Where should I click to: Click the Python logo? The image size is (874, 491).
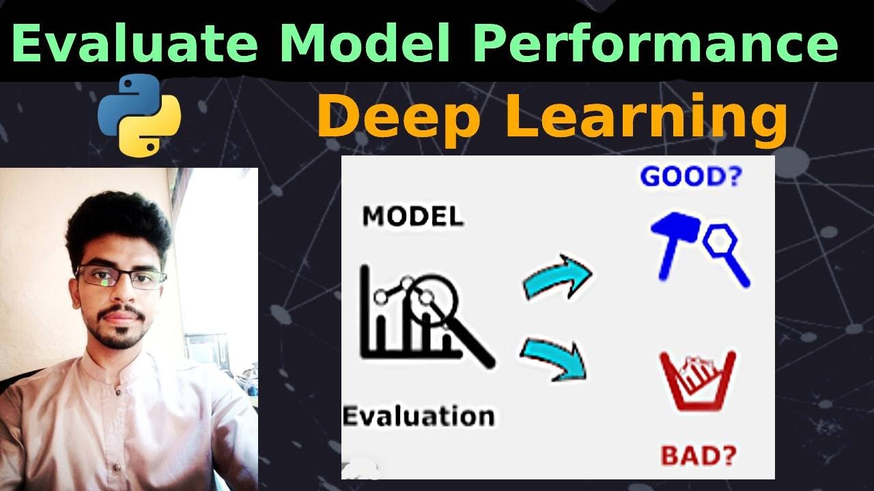(x=139, y=115)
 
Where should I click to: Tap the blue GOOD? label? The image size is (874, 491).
(x=690, y=177)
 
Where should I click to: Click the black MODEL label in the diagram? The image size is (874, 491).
(x=412, y=216)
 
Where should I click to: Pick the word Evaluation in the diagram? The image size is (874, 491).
(x=418, y=415)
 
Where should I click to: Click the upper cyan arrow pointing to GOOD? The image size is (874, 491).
(x=556, y=277)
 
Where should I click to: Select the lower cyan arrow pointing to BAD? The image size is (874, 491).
(x=554, y=359)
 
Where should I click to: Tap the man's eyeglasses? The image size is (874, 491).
(x=122, y=278)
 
